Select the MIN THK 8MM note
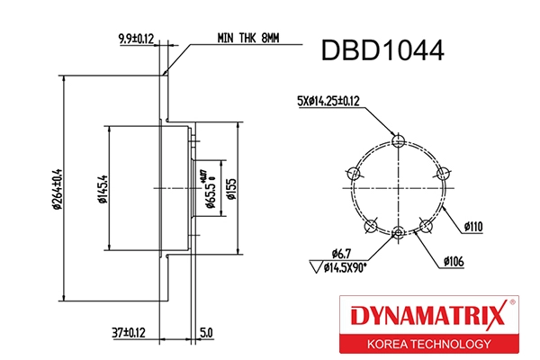pos(247,39)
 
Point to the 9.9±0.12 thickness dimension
pos(137,39)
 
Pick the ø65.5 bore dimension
pos(209,190)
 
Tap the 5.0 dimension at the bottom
pos(205,333)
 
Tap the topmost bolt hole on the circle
pos(399,139)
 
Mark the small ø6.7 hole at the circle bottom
pos(399,235)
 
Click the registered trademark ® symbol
pos(511,303)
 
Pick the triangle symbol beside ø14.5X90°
pos(314,267)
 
